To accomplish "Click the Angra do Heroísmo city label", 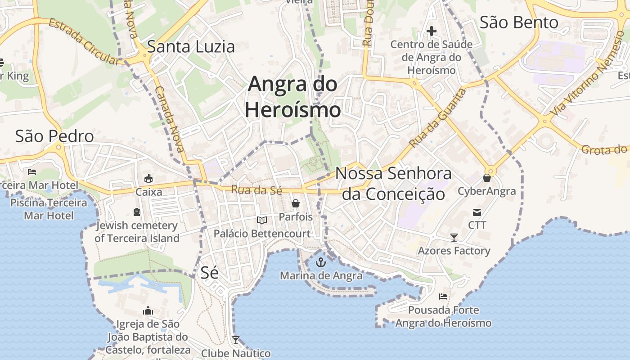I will coord(293,97).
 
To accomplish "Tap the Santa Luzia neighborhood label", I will coord(191,46).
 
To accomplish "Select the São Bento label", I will coord(519,22).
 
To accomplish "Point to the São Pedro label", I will coord(54,136).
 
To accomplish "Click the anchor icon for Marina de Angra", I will coord(321,262).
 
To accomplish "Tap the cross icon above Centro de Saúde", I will coord(431,31).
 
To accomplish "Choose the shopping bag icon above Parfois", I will coord(296,203).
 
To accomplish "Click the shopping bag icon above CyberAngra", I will coord(486,178).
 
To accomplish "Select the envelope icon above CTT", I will coord(477,212).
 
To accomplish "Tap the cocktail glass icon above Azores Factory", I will coord(454,237).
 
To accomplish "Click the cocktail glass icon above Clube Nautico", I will coord(235,340).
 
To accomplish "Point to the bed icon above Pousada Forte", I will coord(443,297).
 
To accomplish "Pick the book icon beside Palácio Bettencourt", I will coord(262,220).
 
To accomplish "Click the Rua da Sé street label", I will coord(256,190).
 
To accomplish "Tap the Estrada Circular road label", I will coord(84,41).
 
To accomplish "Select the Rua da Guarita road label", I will coord(438,118).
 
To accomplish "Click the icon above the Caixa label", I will coord(148,179).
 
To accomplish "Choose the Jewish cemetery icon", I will coord(137,211).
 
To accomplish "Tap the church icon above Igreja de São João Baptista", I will coord(148,310).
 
